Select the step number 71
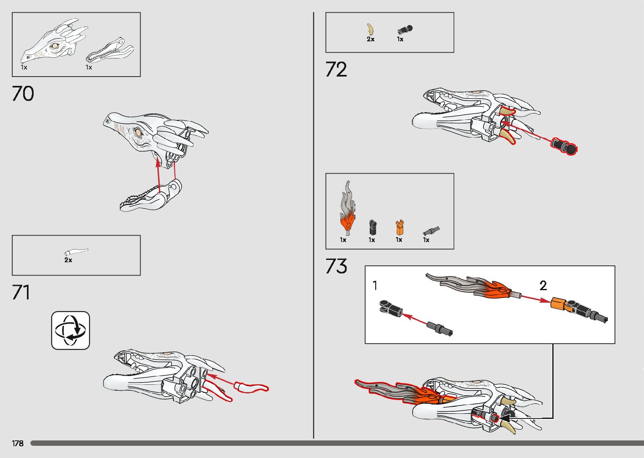(21, 292)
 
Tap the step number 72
(336, 69)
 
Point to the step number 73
(336, 266)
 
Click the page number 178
(18, 443)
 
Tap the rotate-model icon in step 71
(70, 330)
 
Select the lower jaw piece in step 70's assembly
(150, 196)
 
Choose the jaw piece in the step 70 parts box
(110, 50)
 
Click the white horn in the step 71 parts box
(76, 252)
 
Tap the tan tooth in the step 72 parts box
(370, 29)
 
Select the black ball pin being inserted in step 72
(564, 146)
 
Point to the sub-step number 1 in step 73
(375, 285)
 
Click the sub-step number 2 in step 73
(543, 285)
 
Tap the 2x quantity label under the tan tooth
(370, 39)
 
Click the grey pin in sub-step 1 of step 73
(440, 329)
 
